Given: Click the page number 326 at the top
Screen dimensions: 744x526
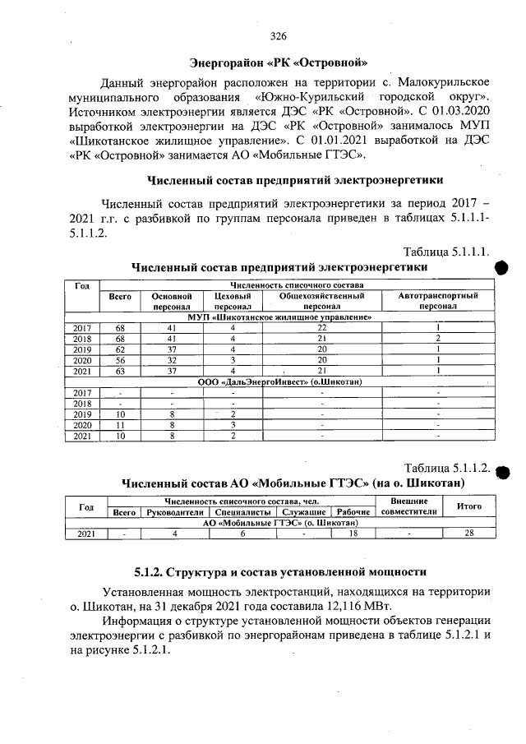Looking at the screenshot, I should click(x=278, y=36).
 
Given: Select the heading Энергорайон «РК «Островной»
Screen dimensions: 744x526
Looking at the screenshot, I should click(x=278, y=62).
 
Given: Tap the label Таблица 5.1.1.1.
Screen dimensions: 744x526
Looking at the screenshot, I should click(x=447, y=251).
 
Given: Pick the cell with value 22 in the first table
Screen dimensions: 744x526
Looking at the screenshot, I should click(x=321, y=326).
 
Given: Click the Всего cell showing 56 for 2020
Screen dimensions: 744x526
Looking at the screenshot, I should click(x=120, y=359).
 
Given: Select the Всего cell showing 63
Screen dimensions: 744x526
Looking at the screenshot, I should click(x=120, y=370).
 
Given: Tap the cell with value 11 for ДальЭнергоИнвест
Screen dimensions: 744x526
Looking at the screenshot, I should click(x=120, y=424).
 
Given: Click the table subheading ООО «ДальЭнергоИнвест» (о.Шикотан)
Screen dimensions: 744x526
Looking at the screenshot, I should click(x=280, y=381).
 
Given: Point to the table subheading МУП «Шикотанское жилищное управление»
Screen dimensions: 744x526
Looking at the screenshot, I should click(x=280, y=316).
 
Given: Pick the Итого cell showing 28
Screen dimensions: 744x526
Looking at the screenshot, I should click(x=468, y=534).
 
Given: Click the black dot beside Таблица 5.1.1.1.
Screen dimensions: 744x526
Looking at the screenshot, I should click(x=502, y=268).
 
